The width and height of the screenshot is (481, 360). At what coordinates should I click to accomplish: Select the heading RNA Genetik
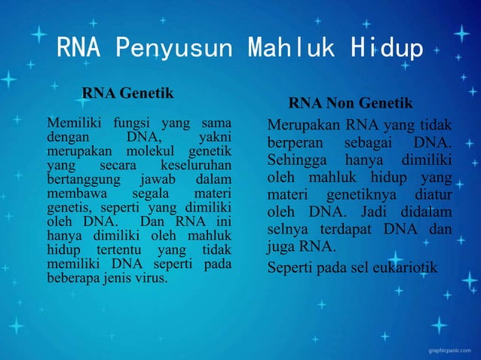pos(127,93)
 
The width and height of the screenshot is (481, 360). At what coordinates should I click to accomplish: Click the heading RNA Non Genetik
pos(351,103)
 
